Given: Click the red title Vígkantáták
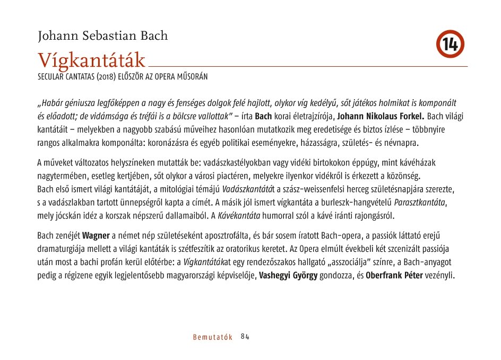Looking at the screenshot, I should pyautogui.click(x=91, y=60).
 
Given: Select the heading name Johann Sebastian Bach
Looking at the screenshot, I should pyautogui.click(x=102, y=36).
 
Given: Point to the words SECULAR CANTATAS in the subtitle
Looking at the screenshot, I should pyautogui.click(x=66, y=77).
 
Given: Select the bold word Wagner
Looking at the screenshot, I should pyautogui.click(x=96, y=235).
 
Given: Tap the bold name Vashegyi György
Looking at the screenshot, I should pyautogui.click(x=288, y=276).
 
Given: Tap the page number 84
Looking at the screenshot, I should pyautogui.click(x=245, y=337).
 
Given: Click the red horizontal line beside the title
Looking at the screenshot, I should pyautogui.click(x=308, y=66).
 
